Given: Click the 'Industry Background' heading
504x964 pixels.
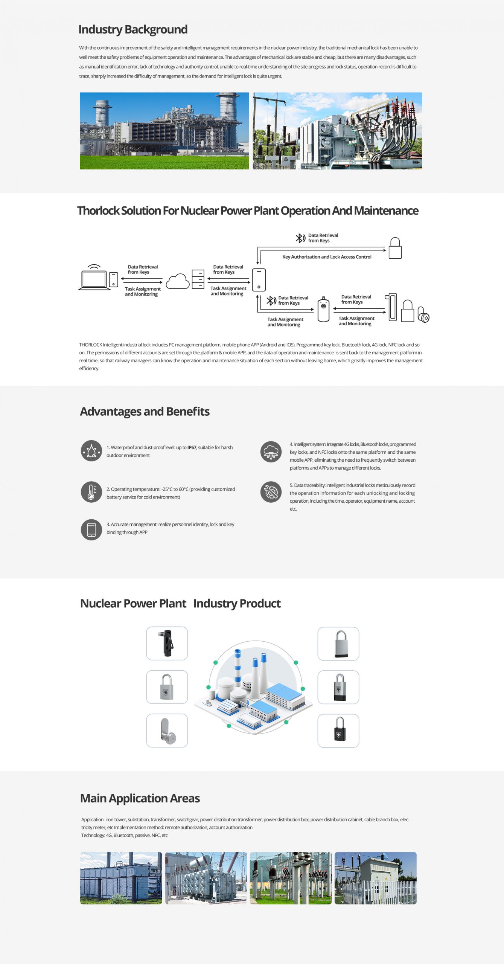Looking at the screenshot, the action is click(x=133, y=29).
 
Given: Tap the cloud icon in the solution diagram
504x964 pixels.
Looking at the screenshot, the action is click(x=178, y=281).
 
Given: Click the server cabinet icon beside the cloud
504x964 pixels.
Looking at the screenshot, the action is click(x=198, y=279).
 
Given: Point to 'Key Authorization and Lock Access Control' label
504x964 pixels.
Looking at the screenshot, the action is click(x=327, y=257).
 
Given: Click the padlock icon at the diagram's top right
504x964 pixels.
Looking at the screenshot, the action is click(x=395, y=248).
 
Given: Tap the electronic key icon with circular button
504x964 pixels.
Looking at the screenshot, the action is click(x=323, y=309).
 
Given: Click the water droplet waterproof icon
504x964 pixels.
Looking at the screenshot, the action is click(x=91, y=451).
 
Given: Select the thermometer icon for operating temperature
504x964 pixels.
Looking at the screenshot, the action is click(x=91, y=492).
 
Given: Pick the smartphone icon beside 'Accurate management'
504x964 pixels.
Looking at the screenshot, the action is click(x=91, y=530).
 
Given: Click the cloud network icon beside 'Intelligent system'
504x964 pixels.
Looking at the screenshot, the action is click(x=271, y=452).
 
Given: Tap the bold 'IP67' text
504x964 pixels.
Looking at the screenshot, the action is click(x=192, y=448).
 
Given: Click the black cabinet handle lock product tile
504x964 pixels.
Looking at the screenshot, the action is click(x=167, y=644).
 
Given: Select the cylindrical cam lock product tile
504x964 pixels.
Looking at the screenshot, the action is click(x=167, y=731).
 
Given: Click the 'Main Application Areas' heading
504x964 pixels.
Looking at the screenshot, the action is click(x=140, y=798).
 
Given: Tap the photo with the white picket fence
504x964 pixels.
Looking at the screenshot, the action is click(x=376, y=878).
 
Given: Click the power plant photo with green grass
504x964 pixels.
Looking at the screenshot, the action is click(x=164, y=131).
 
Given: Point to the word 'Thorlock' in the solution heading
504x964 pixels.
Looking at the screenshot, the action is click(x=98, y=210).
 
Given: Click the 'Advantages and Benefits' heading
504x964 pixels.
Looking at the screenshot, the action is click(x=145, y=412).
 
